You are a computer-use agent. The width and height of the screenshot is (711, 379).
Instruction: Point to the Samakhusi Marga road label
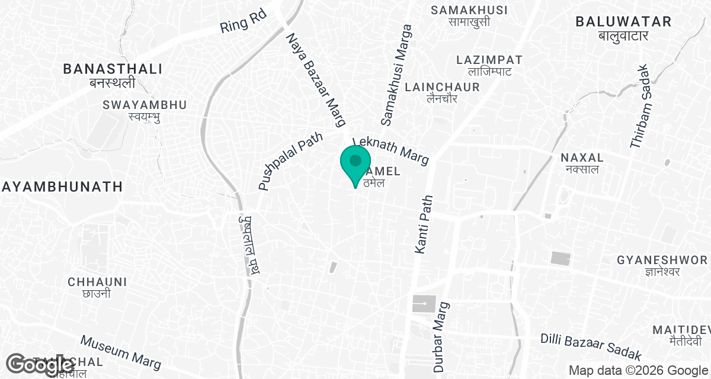click(x=396, y=75)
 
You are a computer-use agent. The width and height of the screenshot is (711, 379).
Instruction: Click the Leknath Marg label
click(x=390, y=152)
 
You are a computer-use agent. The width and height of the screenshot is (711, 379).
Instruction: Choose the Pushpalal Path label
click(x=290, y=161)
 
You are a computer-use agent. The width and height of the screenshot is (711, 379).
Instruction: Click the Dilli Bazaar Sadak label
click(x=591, y=347)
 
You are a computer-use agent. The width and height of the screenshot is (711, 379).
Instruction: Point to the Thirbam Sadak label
click(x=640, y=114)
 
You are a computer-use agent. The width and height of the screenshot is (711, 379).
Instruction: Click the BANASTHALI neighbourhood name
click(x=113, y=69)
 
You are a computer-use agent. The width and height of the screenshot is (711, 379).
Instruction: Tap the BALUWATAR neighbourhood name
click(x=623, y=23)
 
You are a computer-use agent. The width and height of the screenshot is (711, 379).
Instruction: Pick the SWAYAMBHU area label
click(x=145, y=105)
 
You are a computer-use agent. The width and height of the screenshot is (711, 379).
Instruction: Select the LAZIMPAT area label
click(x=489, y=60)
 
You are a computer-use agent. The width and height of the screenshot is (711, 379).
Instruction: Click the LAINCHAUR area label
click(x=442, y=87)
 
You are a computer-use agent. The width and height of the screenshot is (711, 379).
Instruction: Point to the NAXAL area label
click(x=582, y=158)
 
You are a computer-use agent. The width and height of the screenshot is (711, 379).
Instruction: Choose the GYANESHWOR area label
click(x=662, y=261)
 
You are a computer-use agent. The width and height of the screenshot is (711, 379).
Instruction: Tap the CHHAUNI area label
click(x=97, y=281)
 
